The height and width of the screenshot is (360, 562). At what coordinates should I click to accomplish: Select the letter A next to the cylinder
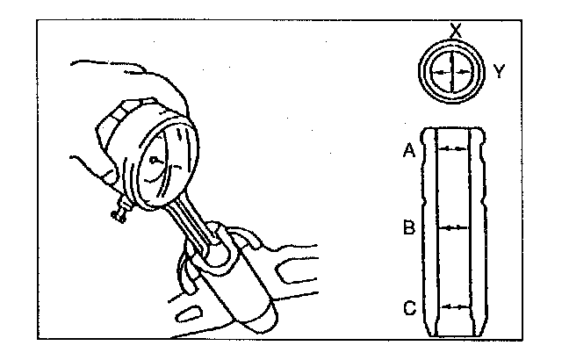(408, 151)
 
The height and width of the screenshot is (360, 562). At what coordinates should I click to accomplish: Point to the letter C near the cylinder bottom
(408, 308)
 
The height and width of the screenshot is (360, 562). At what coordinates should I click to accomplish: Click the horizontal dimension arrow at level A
(453, 150)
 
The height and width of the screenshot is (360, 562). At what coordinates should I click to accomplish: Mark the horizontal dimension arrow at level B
(453, 227)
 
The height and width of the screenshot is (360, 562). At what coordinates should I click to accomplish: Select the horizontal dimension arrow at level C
(453, 307)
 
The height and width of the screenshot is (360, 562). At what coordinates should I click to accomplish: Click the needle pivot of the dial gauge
(155, 162)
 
